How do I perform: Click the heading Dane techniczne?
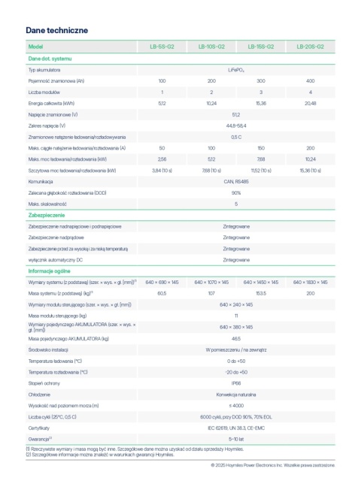coord(57,29)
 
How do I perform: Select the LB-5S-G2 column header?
coord(162,47)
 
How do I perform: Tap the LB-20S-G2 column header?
coord(310,47)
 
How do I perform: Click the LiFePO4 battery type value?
coord(236,68)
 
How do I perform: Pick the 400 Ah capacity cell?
coord(310,80)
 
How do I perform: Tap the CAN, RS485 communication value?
coord(236,181)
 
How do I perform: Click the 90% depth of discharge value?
coord(236,192)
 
